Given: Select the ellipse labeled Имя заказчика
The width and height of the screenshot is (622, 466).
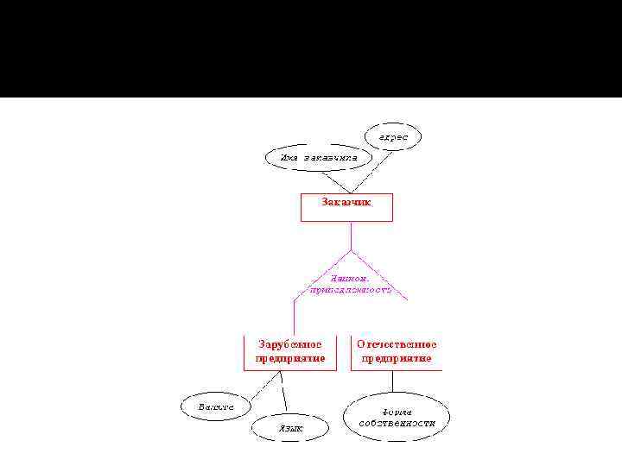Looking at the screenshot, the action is [x=316, y=158].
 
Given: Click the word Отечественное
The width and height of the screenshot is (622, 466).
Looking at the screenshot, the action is [x=397, y=343].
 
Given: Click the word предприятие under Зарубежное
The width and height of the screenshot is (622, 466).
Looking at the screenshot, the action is [x=290, y=358].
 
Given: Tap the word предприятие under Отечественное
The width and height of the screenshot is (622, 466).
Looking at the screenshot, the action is [x=397, y=358].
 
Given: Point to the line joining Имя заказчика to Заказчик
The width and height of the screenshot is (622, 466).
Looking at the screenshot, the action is [x=335, y=181].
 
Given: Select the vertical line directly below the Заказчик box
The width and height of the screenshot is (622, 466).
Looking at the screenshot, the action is [x=351, y=236].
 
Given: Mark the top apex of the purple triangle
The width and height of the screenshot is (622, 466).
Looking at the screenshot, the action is [x=351, y=251].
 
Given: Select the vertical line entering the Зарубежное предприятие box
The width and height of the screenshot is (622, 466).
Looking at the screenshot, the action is [x=294, y=315].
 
